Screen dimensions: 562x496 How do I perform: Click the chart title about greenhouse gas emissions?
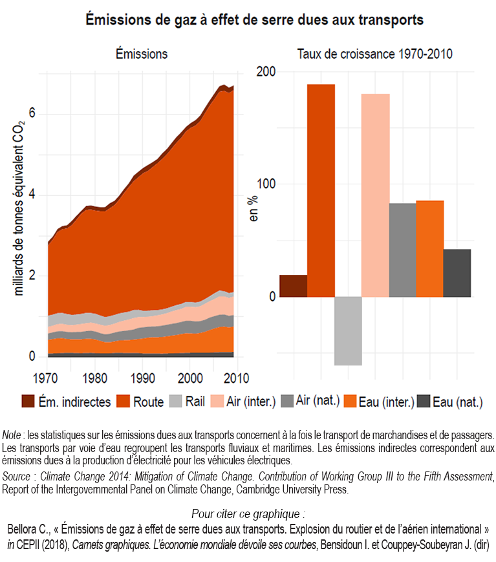pos(255,20)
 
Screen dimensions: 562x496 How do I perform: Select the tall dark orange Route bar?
pos(321,191)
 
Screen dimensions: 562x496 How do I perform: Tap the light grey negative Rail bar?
pos(348,330)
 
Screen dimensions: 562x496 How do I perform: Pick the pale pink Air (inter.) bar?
pos(375,195)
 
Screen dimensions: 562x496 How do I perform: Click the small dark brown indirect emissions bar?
pos(294,286)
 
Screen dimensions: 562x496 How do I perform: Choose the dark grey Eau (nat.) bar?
pos(457,273)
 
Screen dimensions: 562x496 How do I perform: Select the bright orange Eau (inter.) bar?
pos(429,248)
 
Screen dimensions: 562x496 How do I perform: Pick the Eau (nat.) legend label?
pos(457,402)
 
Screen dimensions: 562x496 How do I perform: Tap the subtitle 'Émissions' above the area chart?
pos(142,54)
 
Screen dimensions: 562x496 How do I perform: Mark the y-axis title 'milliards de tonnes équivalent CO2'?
pos(19,207)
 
